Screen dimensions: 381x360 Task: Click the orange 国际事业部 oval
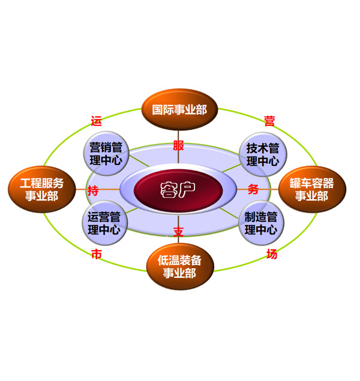click(x=179, y=110)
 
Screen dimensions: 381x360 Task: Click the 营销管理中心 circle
click(x=106, y=154)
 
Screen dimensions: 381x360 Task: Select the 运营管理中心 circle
click(x=104, y=223)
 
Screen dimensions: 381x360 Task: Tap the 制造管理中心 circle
click(x=262, y=223)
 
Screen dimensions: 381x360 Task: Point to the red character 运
click(x=96, y=121)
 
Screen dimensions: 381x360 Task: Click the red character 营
click(x=270, y=121)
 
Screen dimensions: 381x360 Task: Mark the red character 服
click(x=179, y=146)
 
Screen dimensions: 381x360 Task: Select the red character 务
click(x=253, y=190)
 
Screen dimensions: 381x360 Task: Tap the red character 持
click(x=94, y=191)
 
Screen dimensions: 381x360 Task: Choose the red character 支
click(x=179, y=231)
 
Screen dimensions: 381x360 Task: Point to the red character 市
click(x=96, y=254)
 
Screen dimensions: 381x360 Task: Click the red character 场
click(x=272, y=254)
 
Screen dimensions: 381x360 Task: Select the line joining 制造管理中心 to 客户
click(x=228, y=212)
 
